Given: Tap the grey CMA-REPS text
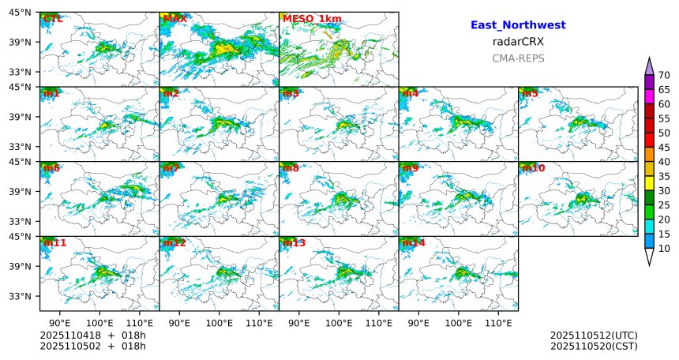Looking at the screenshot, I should [x=518, y=58].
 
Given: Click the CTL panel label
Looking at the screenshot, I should [x=53, y=18].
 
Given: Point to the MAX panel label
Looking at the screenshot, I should [x=174, y=18].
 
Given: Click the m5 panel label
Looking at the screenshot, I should [x=530, y=93].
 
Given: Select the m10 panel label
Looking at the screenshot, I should [x=533, y=168].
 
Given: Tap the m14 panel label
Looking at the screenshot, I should [x=414, y=242].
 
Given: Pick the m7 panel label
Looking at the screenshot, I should [x=171, y=168].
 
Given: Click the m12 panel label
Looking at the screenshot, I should [x=174, y=242].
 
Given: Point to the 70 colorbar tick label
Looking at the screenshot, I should [x=664, y=75].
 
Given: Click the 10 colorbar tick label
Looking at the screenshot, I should [x=664, y=249].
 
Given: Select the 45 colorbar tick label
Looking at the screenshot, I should [x=664, y=148].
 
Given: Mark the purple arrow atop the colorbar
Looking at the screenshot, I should [x=649, y=66].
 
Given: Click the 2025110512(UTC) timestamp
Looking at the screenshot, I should [x=594, y=336].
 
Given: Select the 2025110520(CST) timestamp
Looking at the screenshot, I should [x=594, y=346].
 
